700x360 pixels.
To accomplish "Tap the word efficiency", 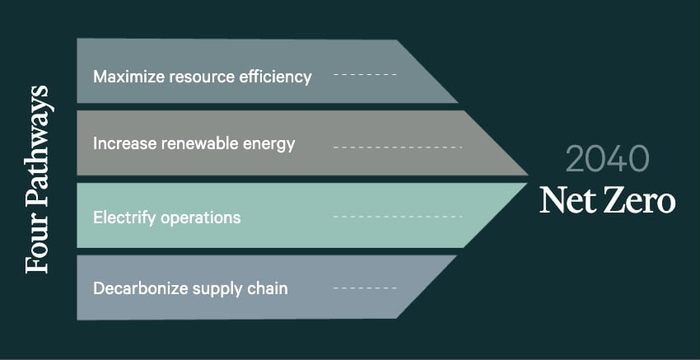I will (274, 77).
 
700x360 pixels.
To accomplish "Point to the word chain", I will (267, 288).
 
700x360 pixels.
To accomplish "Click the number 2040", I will (607, 158).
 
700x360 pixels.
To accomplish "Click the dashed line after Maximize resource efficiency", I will (365, 75).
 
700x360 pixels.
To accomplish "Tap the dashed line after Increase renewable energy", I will (398, 147).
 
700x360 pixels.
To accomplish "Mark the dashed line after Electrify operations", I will (398, 217).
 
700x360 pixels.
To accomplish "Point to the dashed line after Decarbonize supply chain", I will (365, 288).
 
